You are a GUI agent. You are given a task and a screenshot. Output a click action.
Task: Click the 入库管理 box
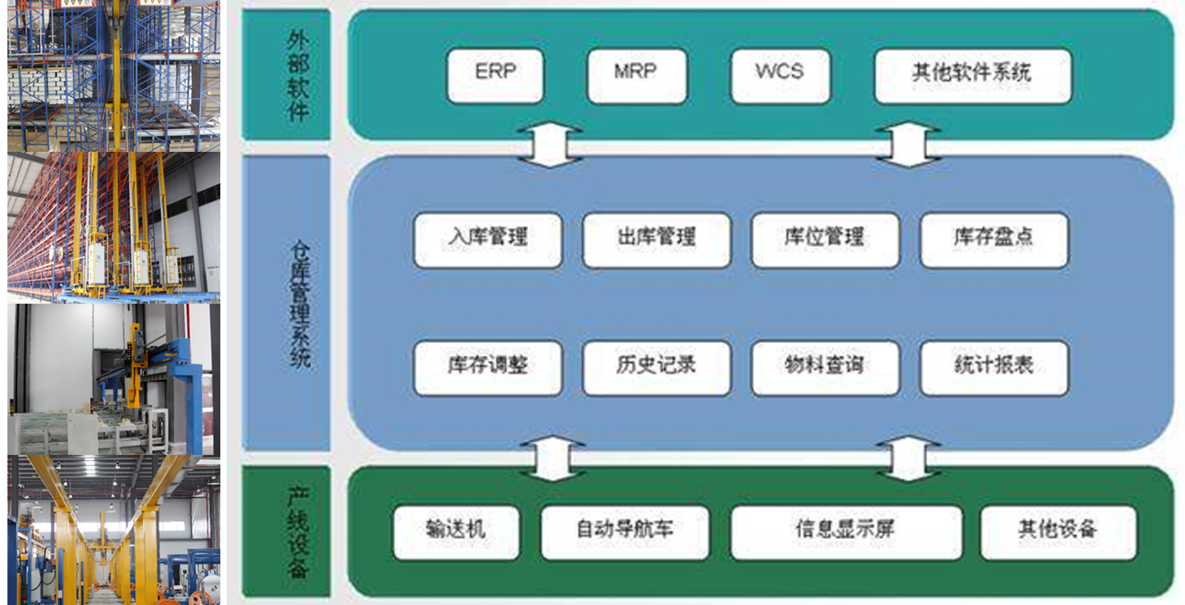pos(488,240)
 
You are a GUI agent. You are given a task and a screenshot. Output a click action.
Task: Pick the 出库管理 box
pos(656,240)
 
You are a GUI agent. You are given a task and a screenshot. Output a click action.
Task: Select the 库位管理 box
pos(825,240)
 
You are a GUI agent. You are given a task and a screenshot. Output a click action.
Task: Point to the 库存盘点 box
pos(994,240)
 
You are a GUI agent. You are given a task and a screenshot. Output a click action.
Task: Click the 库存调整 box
pos(488,367)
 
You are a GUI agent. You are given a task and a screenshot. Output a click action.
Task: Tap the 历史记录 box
pos(656,367)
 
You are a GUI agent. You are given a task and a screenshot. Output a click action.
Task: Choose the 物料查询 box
pos(825,367)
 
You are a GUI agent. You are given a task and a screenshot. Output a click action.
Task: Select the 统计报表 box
pos(994,367)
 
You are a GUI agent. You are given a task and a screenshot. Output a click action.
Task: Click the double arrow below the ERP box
pos(550,145)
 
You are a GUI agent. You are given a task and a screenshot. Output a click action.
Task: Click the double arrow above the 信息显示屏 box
pos(908,458)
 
